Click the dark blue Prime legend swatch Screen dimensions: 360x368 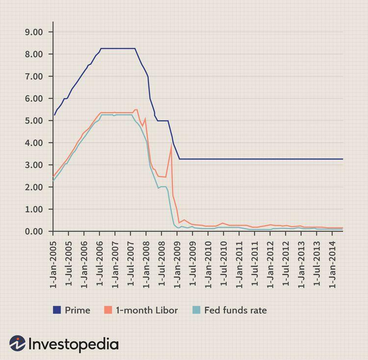56,310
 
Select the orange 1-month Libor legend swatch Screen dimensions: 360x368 108,310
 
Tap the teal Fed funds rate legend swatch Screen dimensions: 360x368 196,310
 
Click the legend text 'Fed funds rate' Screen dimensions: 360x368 236,310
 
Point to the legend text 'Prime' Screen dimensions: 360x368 78,310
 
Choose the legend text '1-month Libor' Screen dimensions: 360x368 147,310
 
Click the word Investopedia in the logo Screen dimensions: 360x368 74,344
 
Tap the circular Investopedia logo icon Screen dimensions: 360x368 17,343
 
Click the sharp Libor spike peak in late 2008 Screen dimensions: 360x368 171,145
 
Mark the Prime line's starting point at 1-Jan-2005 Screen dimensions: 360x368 54,115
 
